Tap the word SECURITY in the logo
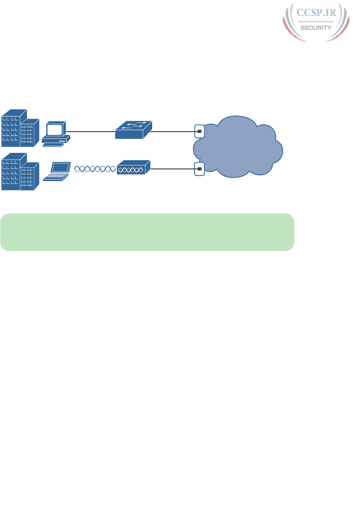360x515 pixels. point(316,28)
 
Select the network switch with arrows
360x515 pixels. point(133,130)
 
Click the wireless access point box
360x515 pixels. point(134,167)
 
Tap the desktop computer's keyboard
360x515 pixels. point(53,145)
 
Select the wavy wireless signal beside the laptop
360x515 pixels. point(95,169)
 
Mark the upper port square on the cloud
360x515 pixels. point(200,131)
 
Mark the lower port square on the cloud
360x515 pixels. point(200,169)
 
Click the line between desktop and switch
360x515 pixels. point(90,131)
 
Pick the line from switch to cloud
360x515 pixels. point(173,131)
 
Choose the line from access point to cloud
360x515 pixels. point(173,169)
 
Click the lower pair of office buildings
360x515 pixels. point(20,172)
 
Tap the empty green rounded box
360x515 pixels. point(147,232)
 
